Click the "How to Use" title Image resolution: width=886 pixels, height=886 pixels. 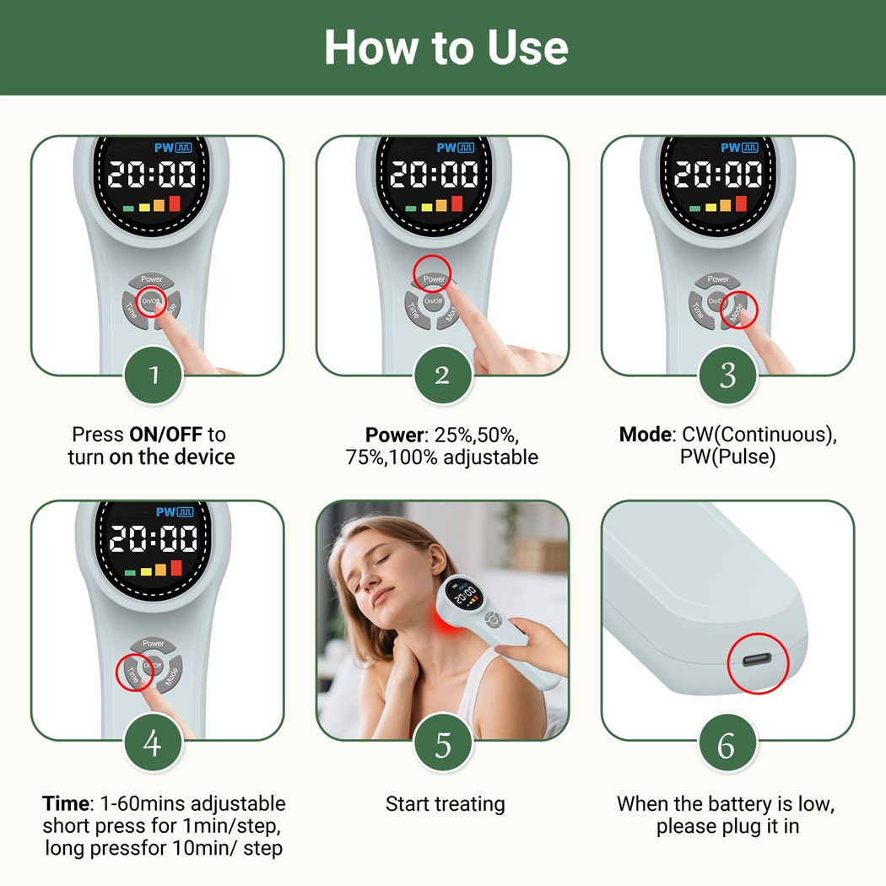click(446, 47)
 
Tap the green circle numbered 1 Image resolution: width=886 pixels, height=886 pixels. click(154, 375)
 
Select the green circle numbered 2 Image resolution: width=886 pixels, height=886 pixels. click(443, 375)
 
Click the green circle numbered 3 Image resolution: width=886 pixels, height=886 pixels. click(727, 375)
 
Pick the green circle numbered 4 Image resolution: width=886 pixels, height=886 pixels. click(154, 743)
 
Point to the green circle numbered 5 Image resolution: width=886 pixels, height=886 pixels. click(443, 743)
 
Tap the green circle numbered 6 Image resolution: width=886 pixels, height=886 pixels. click(727, 743)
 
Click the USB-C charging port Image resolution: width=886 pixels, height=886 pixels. click(757, 664)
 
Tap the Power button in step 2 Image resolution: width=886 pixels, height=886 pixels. click(434, 278)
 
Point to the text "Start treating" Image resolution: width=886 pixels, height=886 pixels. click(445, 804)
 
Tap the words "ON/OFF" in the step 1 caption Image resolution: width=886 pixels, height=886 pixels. click(165, 435)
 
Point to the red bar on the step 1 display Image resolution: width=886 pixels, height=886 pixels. click(175, 203)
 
